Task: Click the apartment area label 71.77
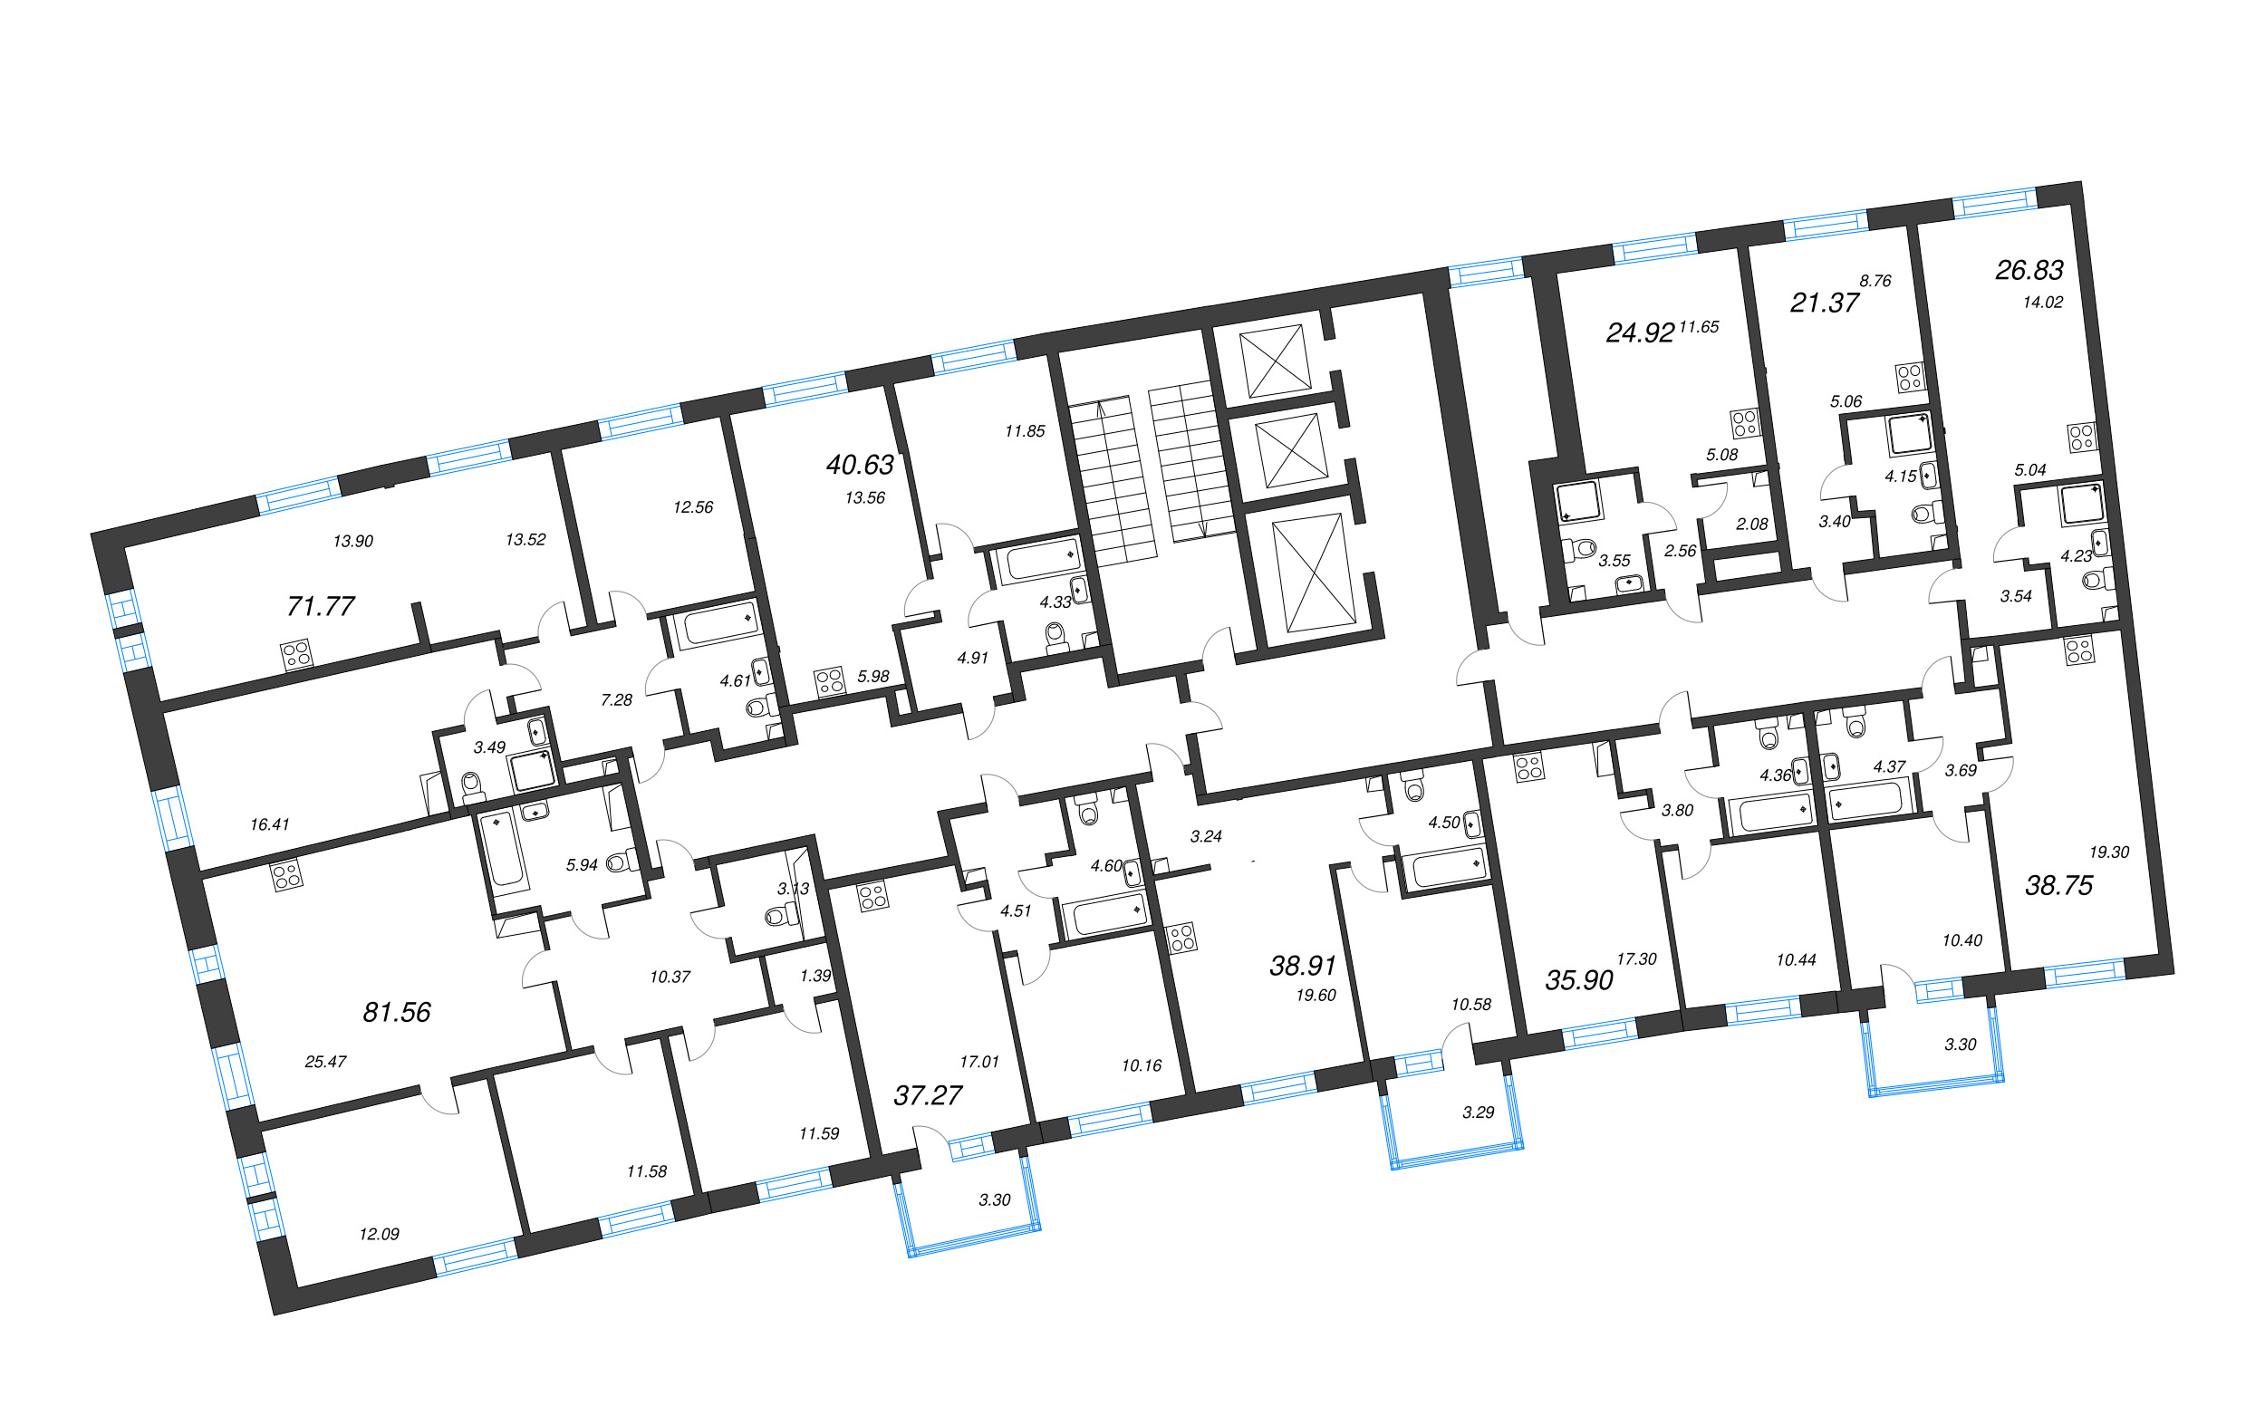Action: [x=321, y=606]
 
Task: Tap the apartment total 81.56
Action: [x=397, y=1012]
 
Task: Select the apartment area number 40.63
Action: [x=860, y=464]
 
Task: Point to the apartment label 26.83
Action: [x=2029, y=270]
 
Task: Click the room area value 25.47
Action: [x=325, y=1061]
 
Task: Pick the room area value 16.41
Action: [x=270, y=823]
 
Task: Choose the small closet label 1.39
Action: [x=815, y=976]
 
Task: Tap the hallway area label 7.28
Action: [x=616, y=699]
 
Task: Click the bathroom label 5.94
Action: [x=582, y=865]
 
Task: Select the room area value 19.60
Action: [x=1316, y=995]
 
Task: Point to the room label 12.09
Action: [x=380, y=1234]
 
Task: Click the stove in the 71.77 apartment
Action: [x=296, y=655]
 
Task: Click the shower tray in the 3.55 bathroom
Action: [x=1579, y=501]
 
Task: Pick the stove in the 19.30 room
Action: [x=2079, y=650]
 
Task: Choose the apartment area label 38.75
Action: [x=2058, y=885]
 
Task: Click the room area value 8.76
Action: [x=1875, y=280]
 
